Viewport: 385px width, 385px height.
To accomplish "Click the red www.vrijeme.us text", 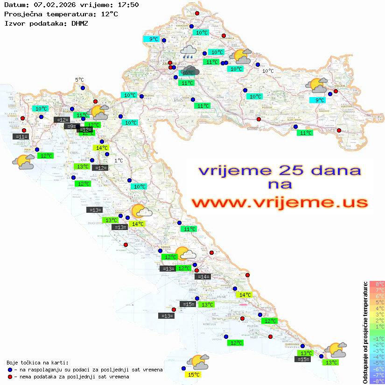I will (280, 203).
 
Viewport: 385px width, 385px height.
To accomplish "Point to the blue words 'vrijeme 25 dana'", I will (280, 170).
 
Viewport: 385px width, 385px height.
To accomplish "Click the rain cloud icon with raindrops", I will (188, 51).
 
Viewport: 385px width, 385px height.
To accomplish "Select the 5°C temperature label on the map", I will (79, 80).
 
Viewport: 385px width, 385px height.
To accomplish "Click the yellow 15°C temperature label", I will (193, 374).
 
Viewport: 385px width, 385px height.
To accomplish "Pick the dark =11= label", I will (21, 136).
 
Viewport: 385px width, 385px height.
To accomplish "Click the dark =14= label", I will (203, 277).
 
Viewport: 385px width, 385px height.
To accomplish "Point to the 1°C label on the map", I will (119, 161).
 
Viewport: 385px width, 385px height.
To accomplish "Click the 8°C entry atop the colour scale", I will (377, 284).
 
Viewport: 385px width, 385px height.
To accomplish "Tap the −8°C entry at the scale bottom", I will (376, 381).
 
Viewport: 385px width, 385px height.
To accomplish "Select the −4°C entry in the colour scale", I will (376, 357).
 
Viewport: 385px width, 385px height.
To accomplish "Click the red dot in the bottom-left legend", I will (10, 376).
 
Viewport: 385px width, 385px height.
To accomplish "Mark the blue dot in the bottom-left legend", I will (10, 370).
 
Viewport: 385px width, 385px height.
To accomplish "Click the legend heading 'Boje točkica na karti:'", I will (37, 363).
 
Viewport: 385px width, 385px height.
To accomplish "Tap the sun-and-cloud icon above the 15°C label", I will (198, 362).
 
